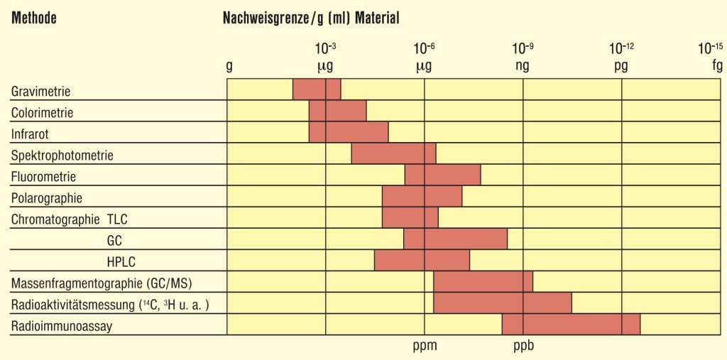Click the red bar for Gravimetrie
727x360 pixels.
(317, 90)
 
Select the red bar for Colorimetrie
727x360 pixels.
(337, 111)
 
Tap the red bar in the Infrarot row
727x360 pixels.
(349, 133)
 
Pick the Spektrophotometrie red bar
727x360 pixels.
(393, 154)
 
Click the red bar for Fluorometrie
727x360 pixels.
(442, 175)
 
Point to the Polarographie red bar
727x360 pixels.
(422, 197)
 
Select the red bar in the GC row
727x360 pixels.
(455, 239)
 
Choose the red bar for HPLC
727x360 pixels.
(422, 261)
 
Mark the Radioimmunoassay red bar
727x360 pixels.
(571, 324)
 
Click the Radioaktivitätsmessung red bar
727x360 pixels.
(502, 303)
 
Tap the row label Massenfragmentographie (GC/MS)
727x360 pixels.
(102, 283)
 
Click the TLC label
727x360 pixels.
(117, 219)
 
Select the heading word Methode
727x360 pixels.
(33, 19)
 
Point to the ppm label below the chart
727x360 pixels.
(425, 347)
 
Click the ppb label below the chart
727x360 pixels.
(523, 347)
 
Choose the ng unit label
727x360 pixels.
(523, 67)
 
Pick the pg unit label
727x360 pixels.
(621, 67)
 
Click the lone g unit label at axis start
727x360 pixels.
(229, 67)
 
